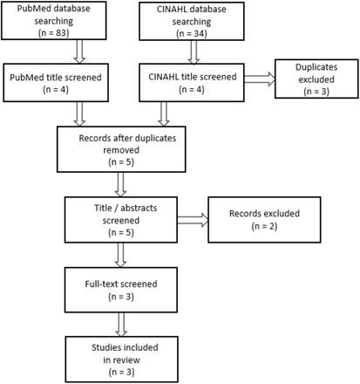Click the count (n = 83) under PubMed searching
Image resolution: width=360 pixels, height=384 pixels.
pos(54,33)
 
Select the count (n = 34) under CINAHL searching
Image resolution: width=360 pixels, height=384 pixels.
pos(192,34)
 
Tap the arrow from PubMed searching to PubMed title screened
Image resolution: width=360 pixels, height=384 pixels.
pos(79,51)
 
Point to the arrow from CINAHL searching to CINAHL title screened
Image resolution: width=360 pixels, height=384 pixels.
pos(194,52)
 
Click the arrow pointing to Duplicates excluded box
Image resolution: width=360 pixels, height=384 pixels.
pos(260,79)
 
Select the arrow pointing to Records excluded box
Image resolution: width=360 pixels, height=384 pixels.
pos(193,220)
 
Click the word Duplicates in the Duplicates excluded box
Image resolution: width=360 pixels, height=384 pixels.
pos(316,67)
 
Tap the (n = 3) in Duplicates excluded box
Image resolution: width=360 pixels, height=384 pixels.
pos(316,92)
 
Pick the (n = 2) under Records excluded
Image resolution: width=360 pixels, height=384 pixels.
pos(264,226)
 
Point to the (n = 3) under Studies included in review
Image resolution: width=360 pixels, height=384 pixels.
pos(121,372)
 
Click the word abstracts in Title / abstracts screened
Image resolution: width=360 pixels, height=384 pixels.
pos(139,208)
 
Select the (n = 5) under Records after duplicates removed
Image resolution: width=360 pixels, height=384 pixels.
pos(121,162)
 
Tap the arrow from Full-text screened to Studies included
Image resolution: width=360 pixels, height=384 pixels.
pos(121,325)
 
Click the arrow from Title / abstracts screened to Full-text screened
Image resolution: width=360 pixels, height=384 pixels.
pos(120,255)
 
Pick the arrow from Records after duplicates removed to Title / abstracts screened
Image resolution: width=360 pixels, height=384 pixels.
pos(120,184)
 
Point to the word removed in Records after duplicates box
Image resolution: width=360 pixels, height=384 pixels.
pos(121,150)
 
